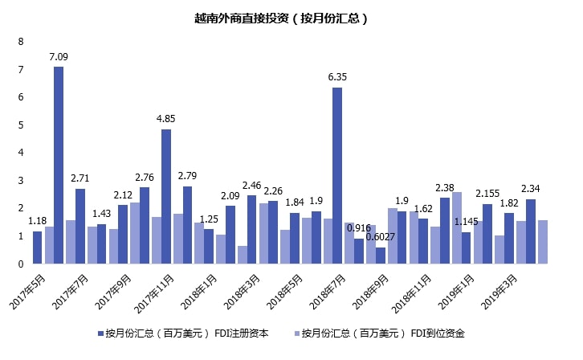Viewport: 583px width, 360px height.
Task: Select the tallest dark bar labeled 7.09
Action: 59,165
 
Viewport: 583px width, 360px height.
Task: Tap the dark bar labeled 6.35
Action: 337,175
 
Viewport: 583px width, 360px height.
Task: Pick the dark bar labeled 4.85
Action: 166,196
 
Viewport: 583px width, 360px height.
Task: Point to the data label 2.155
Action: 487,193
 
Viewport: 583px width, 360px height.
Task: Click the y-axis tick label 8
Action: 21,42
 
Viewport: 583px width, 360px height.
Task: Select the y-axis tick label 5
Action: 21,125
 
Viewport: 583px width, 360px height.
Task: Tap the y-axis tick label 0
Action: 21,263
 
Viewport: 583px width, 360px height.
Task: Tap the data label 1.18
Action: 37,220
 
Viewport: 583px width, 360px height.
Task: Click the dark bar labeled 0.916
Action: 359,251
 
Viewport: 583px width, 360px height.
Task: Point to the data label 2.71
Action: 80,178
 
